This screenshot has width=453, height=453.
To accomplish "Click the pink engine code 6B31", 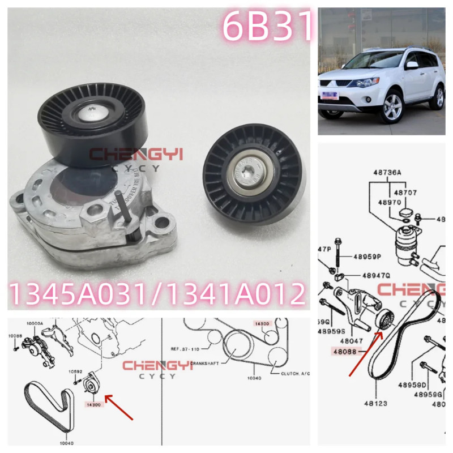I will [267, 26].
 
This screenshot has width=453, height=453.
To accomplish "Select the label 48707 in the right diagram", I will [405, 193].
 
